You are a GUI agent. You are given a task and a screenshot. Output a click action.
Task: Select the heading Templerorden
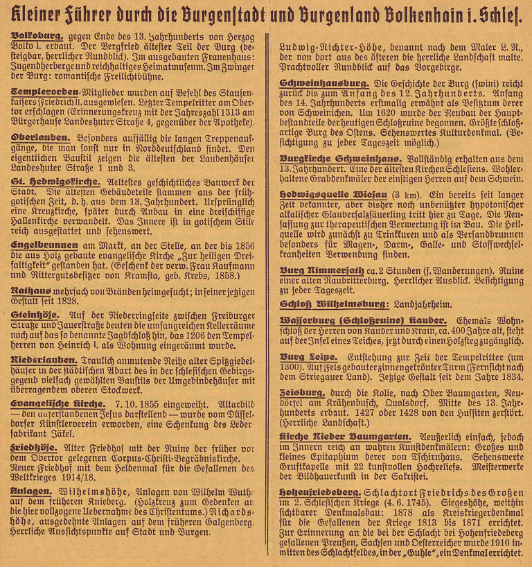point(42,91)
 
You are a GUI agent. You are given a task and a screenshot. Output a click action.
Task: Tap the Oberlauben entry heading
point(38,138)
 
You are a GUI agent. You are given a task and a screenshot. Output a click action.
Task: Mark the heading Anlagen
point(32,491)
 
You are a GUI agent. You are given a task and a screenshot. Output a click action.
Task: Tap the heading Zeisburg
point(302,392)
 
